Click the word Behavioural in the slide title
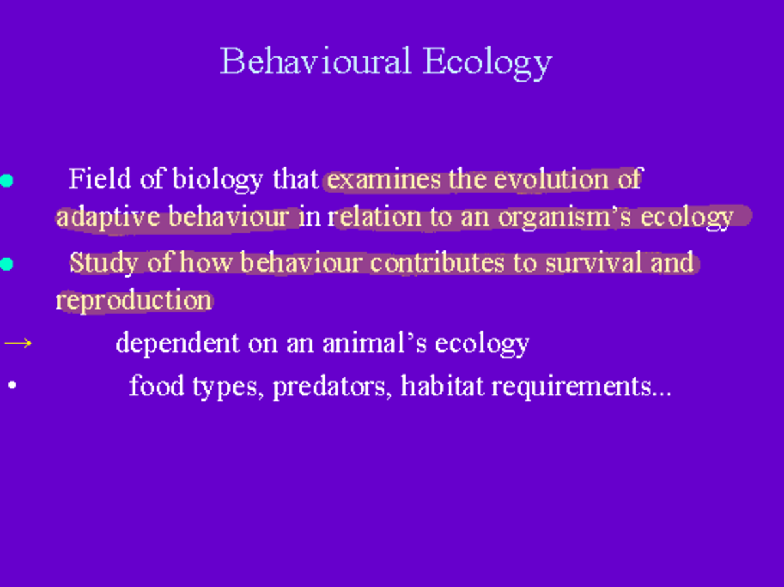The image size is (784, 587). tap(316, 61)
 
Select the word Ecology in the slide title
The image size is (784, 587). tap(487, 63)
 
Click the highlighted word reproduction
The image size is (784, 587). tap(134, 301)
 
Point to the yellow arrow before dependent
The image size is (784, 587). tap(18, 343)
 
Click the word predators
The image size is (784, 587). tap(333, 386)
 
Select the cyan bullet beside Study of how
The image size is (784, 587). tap(7, 264)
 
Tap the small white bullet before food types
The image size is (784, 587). tap(12, 386)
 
